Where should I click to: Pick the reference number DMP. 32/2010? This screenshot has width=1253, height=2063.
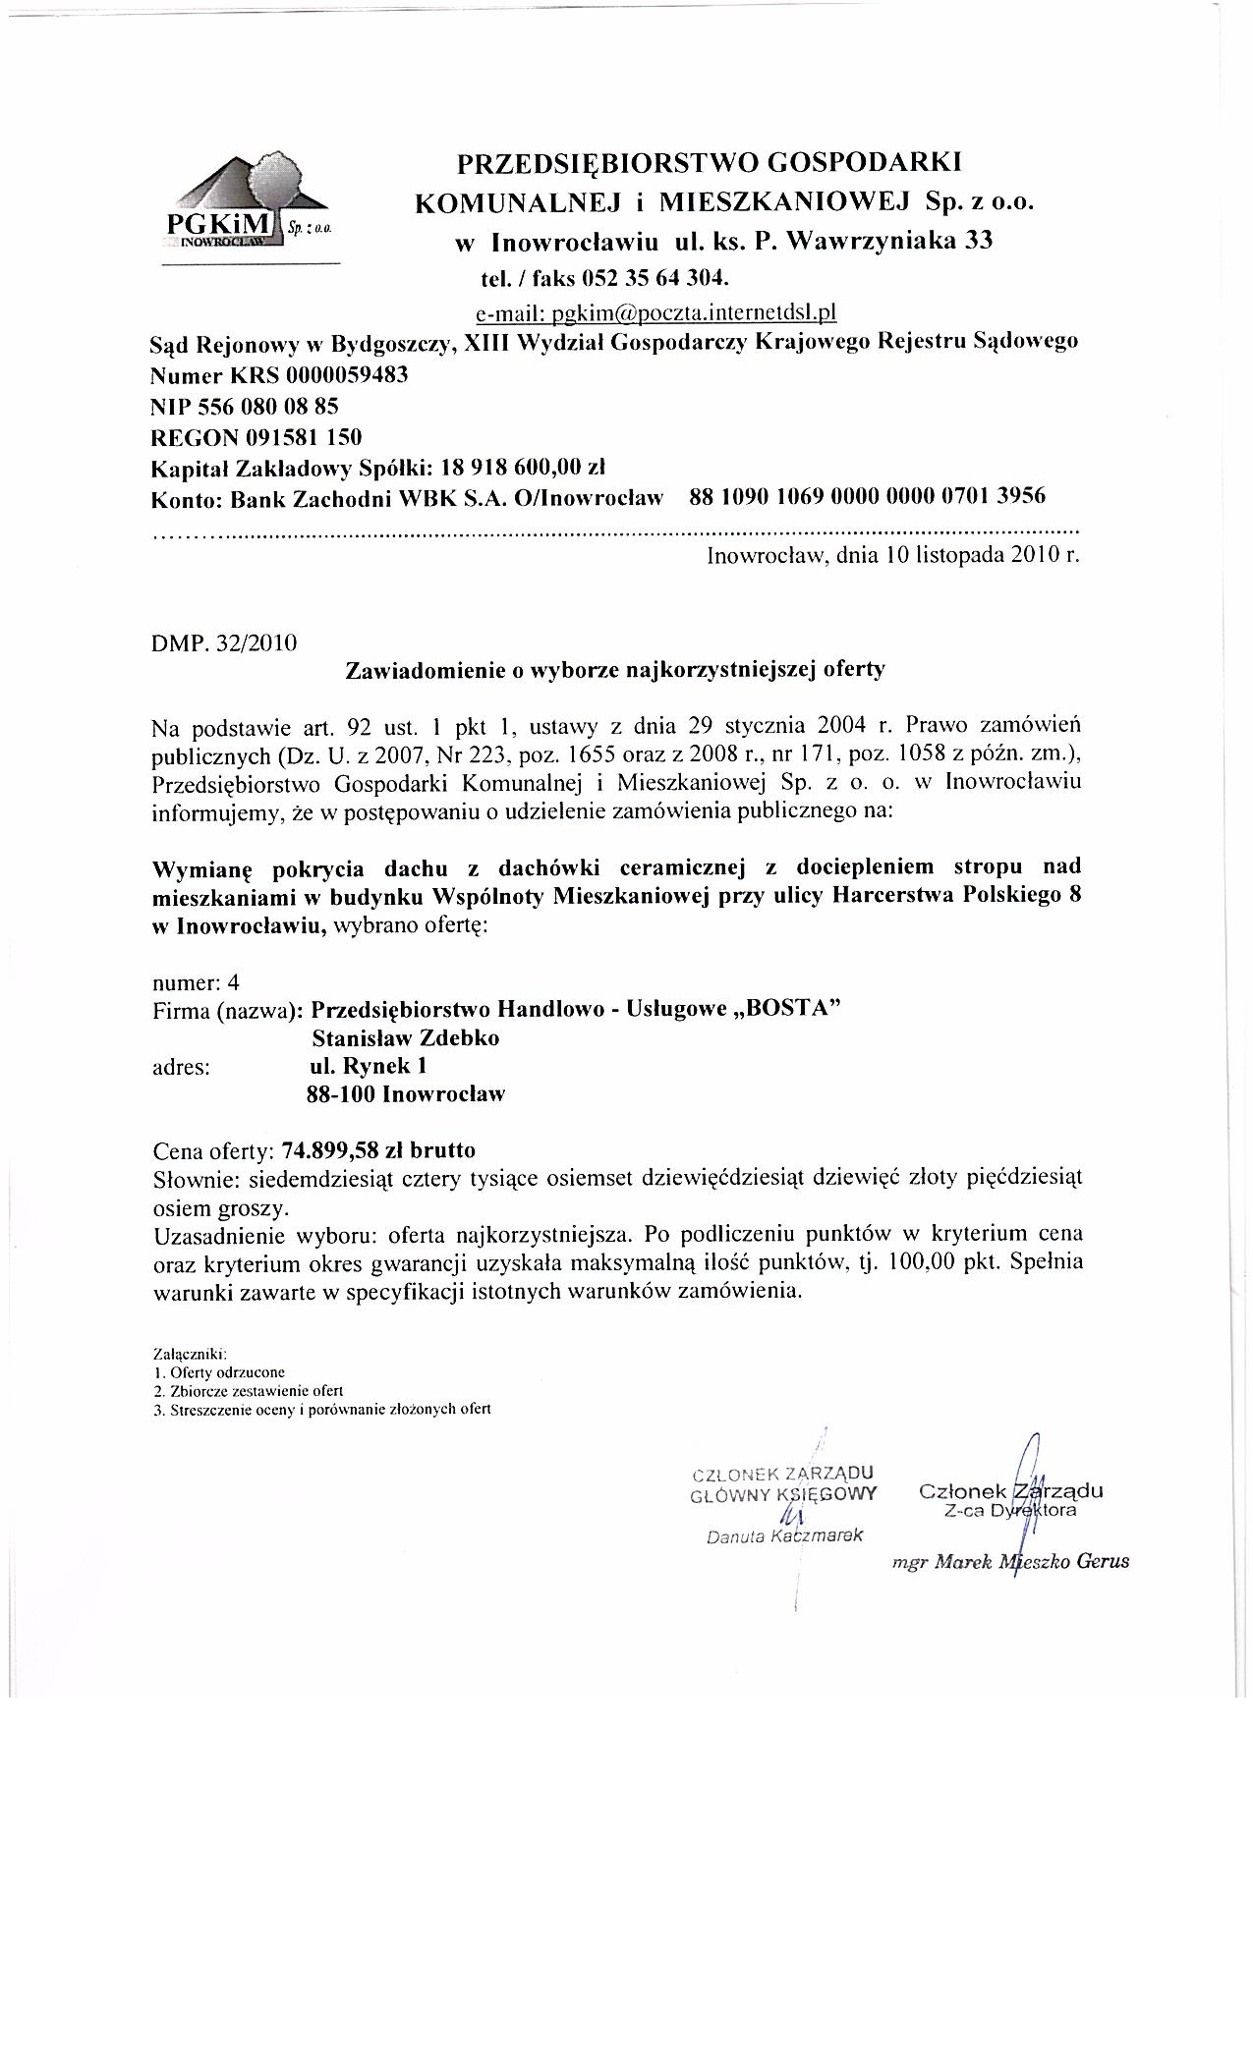(x=225, y=643)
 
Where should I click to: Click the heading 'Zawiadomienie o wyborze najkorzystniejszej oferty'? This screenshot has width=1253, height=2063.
(x=615, y=671)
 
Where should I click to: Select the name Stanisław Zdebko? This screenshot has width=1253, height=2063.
(x=405, y=1038)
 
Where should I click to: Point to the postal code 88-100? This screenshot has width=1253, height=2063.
(x=341, y=1094)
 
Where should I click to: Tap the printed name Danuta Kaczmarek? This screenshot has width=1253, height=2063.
(x=784, y=1536)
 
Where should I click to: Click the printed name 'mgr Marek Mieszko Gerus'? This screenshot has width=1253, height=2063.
(x=1010, y=1561)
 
